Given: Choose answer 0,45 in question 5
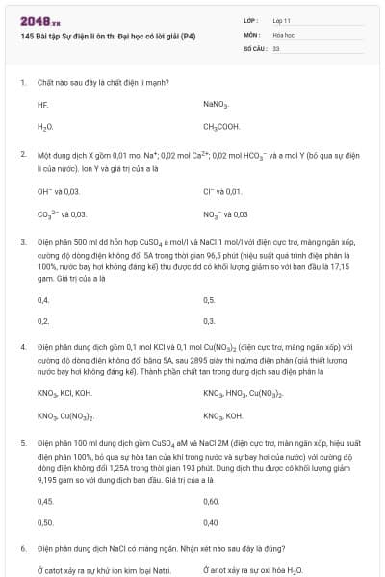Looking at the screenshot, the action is tap(45, 501).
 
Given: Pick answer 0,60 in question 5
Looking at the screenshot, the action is tap(212, 501).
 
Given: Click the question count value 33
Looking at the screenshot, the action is tap(276, 47).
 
